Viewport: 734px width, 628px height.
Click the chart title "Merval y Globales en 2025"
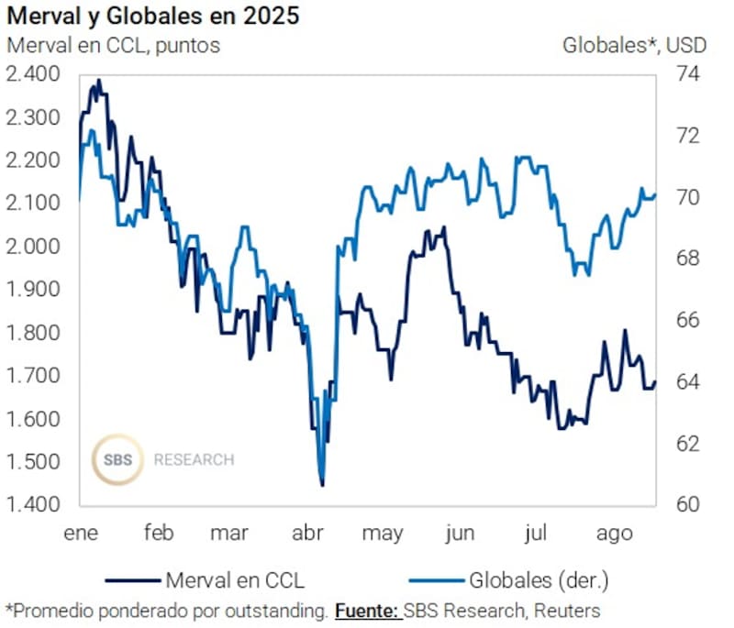point(152,17)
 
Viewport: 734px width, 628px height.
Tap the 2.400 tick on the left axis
point(33,74)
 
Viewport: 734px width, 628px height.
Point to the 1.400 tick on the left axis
point(33,504)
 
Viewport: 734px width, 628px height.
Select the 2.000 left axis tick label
point(33,246)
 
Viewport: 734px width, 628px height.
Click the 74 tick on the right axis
point(685,74)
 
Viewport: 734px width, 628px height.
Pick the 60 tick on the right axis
point(685,504)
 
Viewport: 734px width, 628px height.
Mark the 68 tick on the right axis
point(685,259)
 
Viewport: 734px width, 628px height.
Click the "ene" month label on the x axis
point(80,534)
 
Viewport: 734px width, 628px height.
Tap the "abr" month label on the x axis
point(306,534)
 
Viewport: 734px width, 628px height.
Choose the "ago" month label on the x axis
point(614,534)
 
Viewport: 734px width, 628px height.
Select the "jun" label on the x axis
point(460,534)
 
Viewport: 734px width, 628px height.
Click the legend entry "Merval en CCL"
point(234,579)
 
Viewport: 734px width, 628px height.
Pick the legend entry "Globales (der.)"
point(539,579)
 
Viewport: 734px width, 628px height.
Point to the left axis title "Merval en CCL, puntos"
point(113,44)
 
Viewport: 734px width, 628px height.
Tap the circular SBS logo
point(117,459)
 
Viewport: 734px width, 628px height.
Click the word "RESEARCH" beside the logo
point(194,459)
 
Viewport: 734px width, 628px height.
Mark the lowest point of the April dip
point(322,485)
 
